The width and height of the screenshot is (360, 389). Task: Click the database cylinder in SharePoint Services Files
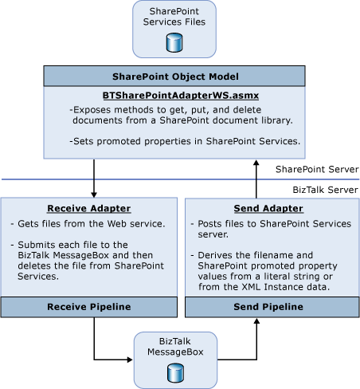coord(174,43)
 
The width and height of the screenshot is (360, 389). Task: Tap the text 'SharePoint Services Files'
coord(174,17)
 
